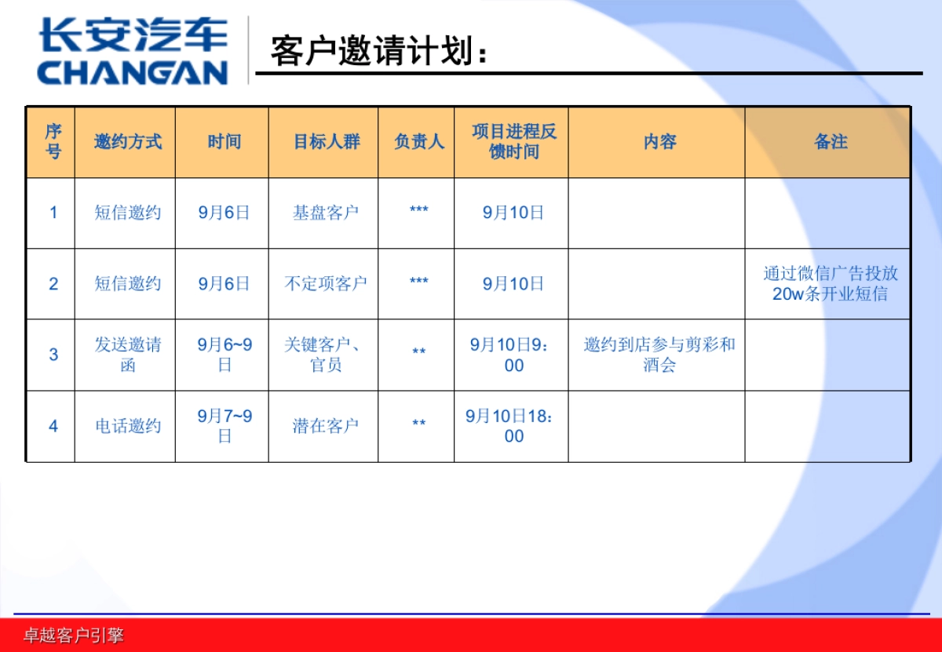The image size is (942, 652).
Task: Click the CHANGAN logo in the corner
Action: click(x=132, y=52)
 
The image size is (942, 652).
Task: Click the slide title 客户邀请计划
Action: click(x=378, y=52)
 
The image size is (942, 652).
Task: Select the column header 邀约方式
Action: click(x=127, y=142)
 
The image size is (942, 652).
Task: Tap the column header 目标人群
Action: click(x=326, y=142)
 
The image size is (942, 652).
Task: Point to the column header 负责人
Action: click(x=418, y=142)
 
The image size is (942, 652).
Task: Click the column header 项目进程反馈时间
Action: click(x=513, y=142)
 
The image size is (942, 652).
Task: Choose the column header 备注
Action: click(x=831, y=142)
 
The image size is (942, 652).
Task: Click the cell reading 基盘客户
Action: click(x=326, y=213)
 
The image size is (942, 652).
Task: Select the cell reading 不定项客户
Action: click(x=326, y=283)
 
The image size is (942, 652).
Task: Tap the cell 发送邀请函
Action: click(x=128, y=355)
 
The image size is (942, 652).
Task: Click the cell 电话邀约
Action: click(x=128, y=426)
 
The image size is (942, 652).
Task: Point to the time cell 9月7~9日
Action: click(x=225, y=425)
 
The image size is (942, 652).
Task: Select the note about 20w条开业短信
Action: click(x=831, y=283)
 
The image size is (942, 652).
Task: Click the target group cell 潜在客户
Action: click(x=326, y=426)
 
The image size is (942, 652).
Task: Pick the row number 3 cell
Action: click(x=53, y=355)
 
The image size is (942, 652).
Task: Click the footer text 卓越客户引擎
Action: click(x=73, y=636)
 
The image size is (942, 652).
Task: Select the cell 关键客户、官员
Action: click(x=326, y=355)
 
